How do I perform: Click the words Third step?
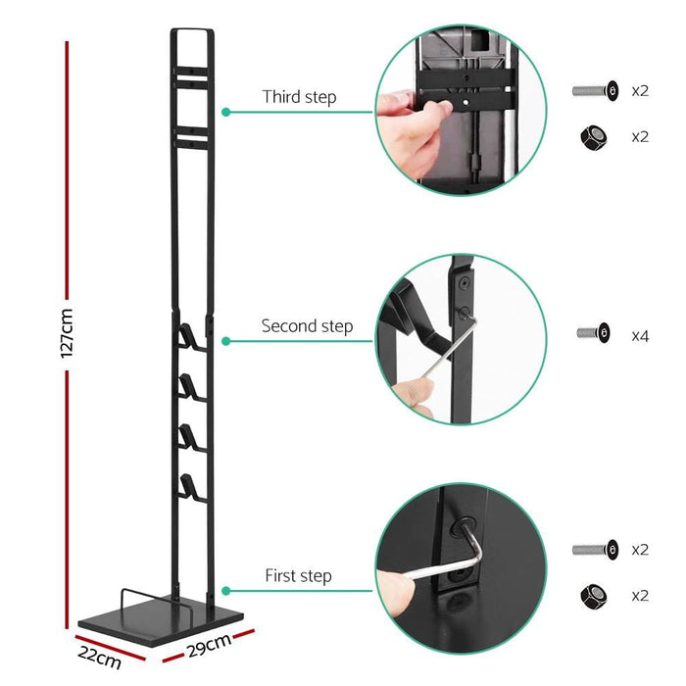[299, 98]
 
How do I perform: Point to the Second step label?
[307, 326]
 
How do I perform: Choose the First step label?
[298, 576]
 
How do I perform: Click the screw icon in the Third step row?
[595, 90]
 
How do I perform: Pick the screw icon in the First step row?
[595, 549]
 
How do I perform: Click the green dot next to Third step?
[226, 112]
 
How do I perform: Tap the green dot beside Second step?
[226, 341]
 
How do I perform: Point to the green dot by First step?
[226, 591]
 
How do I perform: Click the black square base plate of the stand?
[162, 616]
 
